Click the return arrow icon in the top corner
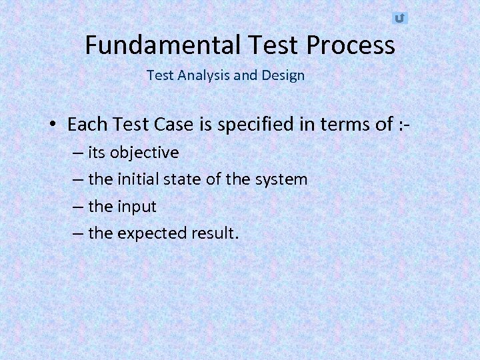(399, 18)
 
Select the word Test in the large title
(274, 45)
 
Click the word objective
(145, 153)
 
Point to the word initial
(139, 179)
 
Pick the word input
(137, 207)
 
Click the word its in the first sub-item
(97, 153)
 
